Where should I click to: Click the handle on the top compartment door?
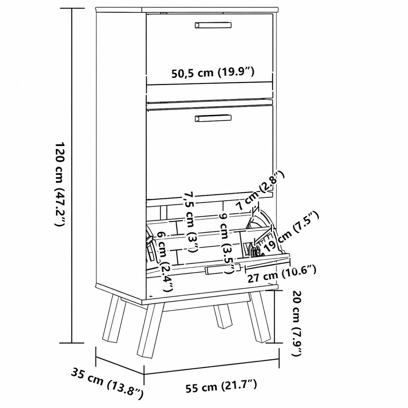tap(213, 25)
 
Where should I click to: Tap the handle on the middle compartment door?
tap(213, 118)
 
